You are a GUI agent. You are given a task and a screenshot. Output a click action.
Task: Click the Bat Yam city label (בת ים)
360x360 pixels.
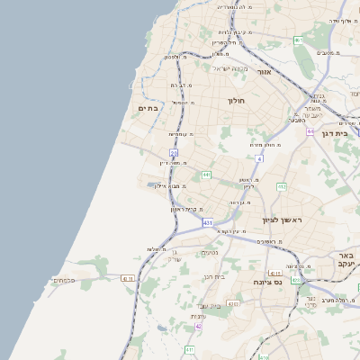tap(148, 107)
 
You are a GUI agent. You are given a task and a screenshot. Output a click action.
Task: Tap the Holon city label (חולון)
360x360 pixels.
tap(237, 101)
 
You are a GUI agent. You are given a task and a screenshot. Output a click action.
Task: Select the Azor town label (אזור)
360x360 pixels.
tap(264, 71)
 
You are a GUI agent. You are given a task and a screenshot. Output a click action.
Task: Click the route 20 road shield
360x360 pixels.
tap(174, 154)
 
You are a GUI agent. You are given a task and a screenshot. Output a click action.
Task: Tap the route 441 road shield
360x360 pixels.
tap(206, 175)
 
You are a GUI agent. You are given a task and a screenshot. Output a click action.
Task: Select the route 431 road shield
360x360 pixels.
tap(208, 221)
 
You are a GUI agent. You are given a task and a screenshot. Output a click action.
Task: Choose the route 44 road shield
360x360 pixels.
tap(310, 131)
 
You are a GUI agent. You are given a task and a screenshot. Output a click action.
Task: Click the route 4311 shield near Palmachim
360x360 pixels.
tap(128, 278)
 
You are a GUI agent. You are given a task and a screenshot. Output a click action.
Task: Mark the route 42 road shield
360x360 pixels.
tap(198, 326)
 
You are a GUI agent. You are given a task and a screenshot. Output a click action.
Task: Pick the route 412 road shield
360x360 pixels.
tap(282, 187)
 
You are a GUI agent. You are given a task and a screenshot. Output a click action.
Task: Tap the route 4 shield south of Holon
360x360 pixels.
tap(258, 159)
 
